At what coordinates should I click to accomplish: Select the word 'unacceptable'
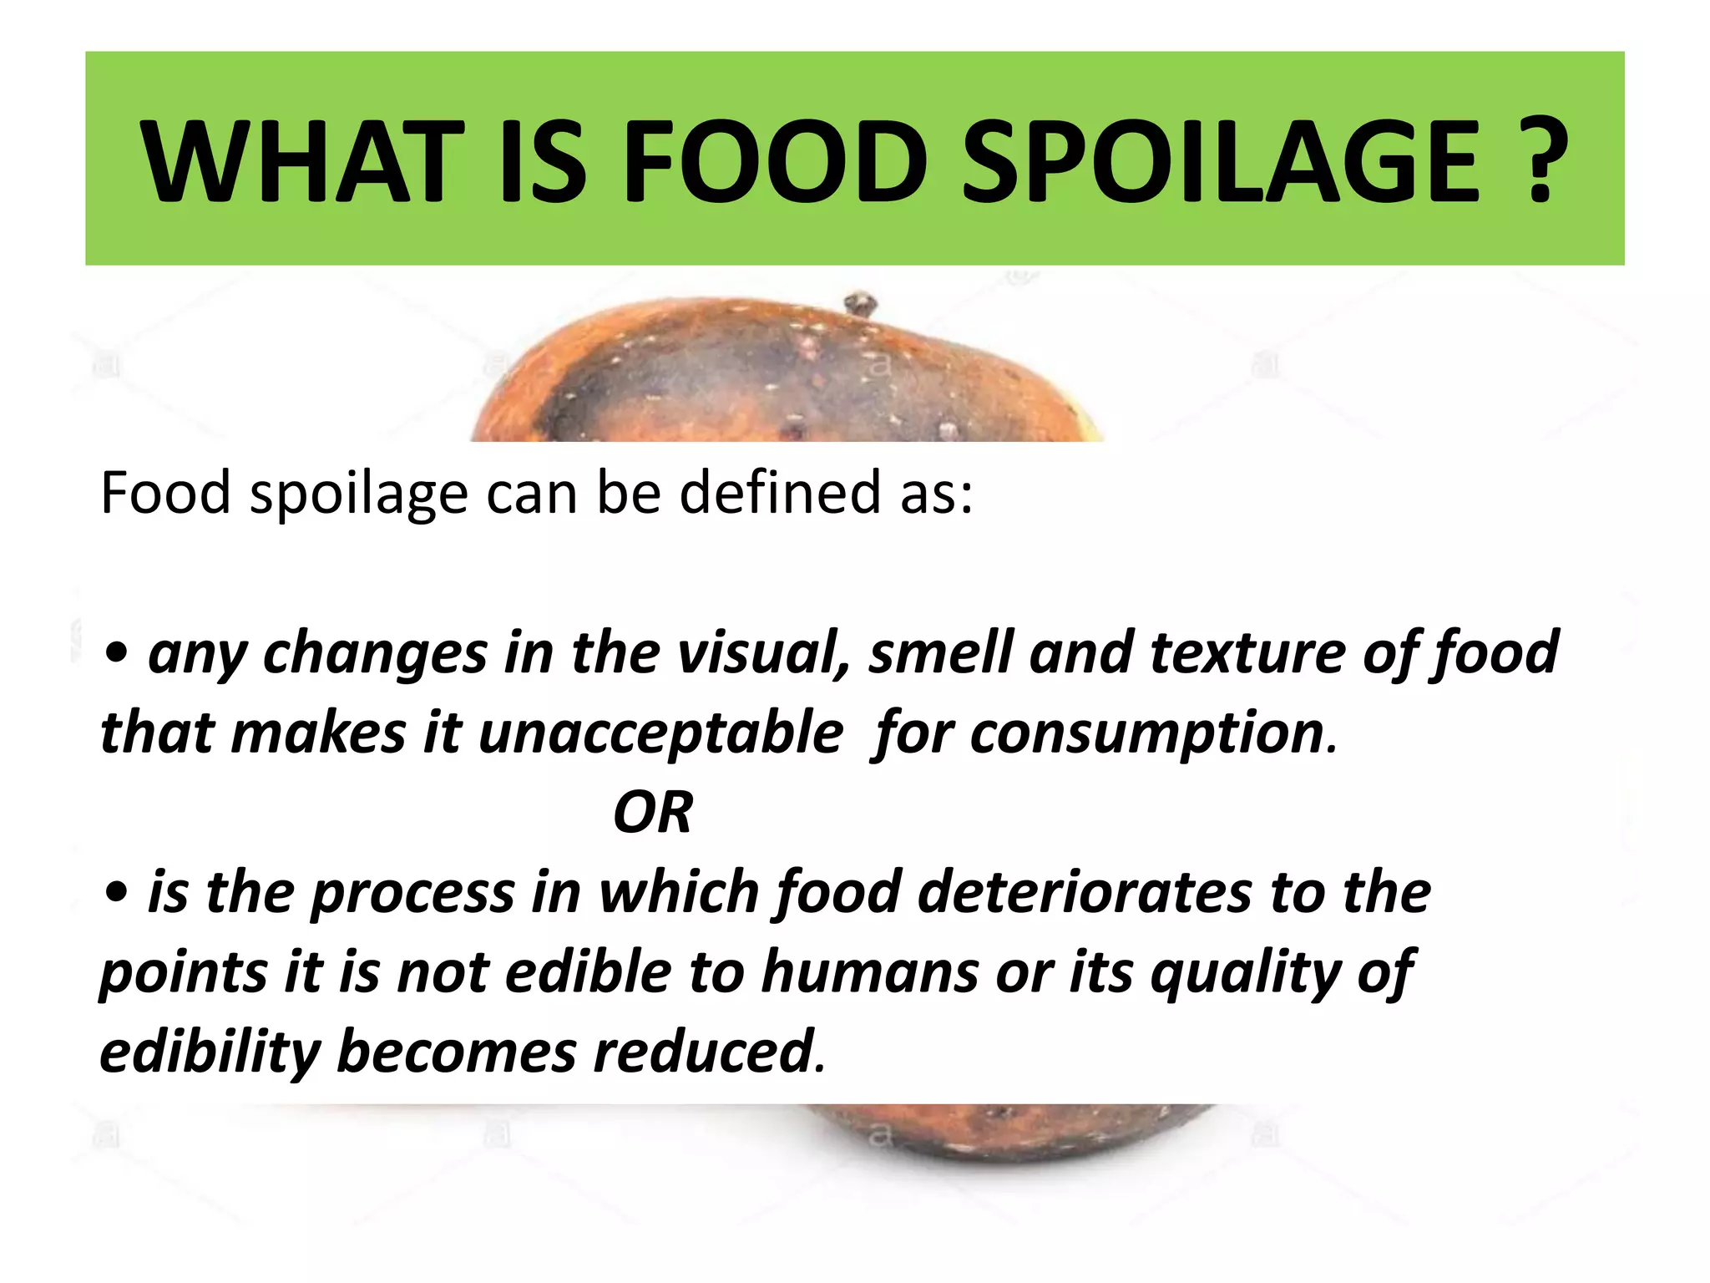(x=660, y=733)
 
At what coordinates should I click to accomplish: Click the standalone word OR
(x=653, y=813)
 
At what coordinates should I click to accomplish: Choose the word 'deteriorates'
(x=1085, y=892)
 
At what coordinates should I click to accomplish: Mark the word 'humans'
(x=869, y=972)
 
